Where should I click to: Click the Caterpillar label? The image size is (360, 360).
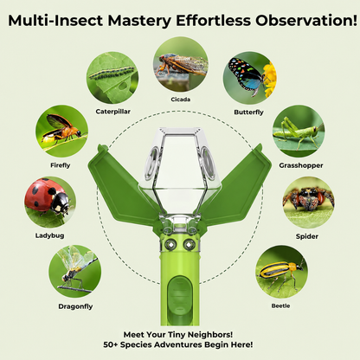[x=113, y=112]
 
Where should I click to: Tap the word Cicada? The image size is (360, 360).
[x=181, y=100]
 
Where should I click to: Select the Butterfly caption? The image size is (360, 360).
[x=248, y=112]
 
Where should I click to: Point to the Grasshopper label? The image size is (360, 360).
[x=301, y=165]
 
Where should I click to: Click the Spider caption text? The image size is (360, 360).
[x=307, y=236]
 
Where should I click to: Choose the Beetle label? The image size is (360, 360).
[x=280, y=305]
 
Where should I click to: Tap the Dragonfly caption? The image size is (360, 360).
[x=75, y=306]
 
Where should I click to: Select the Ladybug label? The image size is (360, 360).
[x=49, y=235]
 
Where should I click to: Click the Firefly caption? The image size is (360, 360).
[x=61, y=165]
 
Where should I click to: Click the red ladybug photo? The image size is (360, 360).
[x=50, y=202]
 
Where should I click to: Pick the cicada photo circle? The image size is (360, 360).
[x=181, y=64]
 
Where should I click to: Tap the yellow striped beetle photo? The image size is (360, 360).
[x=281, y=272]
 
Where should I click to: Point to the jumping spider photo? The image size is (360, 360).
[x=308, y=202]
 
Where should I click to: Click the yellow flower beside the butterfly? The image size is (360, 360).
[x=270, y=80]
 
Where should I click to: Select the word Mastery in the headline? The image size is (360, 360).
[x=139, y=21]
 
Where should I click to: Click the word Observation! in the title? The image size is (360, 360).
[x=306, y=20]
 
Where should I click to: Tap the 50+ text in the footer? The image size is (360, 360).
[x=110, y=344]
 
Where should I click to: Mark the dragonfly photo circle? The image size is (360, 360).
[x=74, y=272]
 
